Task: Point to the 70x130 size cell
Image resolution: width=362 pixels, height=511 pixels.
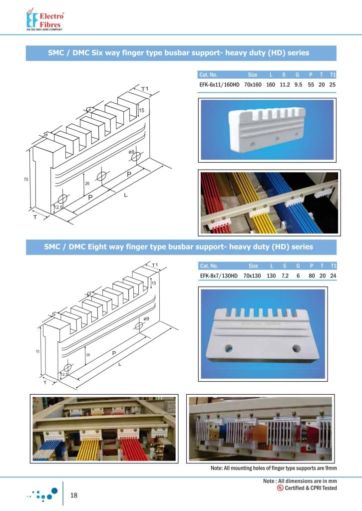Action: click(x=254, y=275)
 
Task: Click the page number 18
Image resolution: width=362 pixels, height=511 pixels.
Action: click(x=74, y=495)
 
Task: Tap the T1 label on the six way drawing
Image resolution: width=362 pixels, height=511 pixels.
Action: click(x=145, y=89)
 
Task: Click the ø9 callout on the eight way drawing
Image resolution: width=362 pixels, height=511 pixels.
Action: click(x=146, y=318)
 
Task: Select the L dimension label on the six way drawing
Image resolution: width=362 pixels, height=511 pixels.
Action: click(x=125, y=195)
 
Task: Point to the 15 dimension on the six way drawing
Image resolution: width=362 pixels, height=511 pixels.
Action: click(x=142, y=110)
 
